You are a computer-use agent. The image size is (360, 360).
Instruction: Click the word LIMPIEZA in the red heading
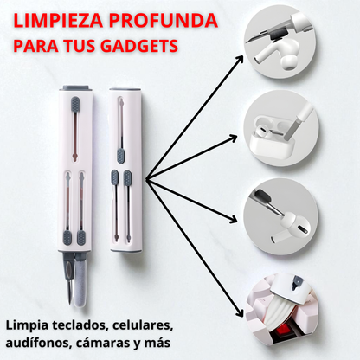click(58, 21)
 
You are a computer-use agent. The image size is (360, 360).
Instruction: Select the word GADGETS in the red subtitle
click(139, 46)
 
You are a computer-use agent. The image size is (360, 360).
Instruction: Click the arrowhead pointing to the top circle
click(239, 59)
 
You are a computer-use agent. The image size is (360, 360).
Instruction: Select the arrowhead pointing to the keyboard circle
click(240, 313)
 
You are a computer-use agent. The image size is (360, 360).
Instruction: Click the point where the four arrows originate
click(146, 180)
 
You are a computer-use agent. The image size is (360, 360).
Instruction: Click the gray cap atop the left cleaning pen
click(75, 87)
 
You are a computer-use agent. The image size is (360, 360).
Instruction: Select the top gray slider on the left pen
click(75, 105)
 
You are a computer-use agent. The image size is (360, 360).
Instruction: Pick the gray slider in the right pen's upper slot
click(121, 156)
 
